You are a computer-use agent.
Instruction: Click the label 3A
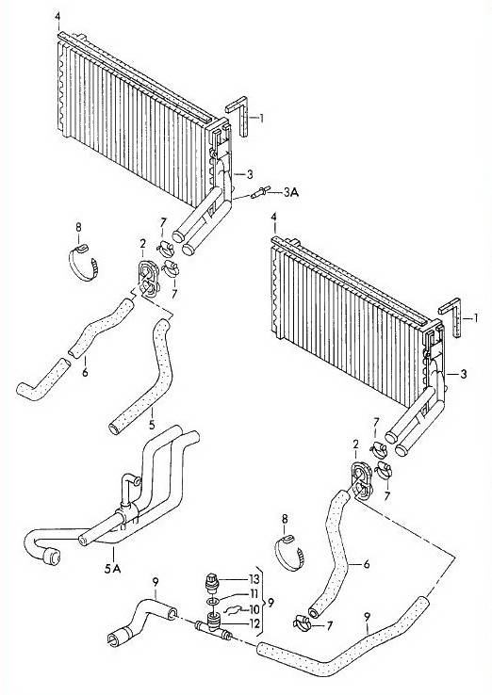290,192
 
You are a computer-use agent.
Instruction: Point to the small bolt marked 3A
259,193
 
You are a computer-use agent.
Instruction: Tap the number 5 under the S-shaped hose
152,426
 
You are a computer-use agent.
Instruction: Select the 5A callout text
113,568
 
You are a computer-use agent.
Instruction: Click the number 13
254,580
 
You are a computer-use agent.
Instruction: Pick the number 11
254,594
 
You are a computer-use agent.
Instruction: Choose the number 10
254,609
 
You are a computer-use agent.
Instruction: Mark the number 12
254,623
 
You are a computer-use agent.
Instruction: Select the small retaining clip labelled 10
232,611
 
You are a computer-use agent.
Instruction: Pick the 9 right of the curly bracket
271,603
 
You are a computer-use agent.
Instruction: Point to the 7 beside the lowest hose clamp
329,626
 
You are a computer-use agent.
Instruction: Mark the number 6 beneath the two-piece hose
85,371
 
